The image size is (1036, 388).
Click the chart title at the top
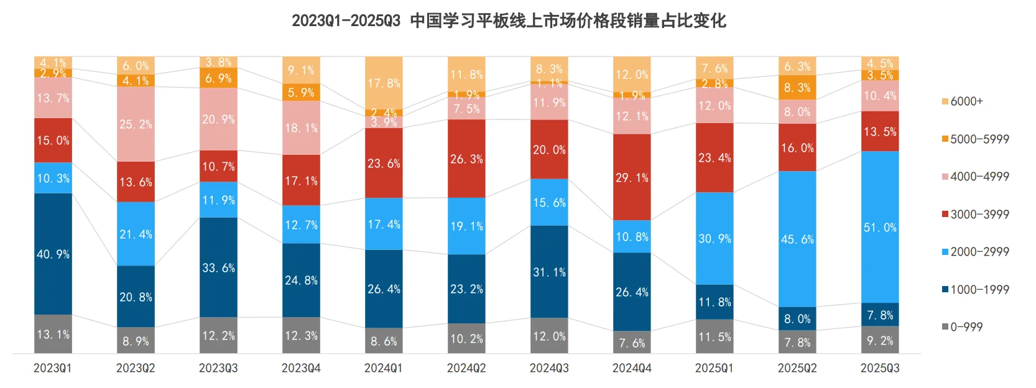point(509,21)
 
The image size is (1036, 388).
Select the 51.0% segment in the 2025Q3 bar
point(880,227)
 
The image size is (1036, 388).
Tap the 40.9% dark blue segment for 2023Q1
point(53,254)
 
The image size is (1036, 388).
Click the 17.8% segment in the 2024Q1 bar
point(384,83)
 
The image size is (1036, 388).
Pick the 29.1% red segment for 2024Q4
point(632,177)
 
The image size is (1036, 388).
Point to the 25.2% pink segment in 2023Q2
point(136,124)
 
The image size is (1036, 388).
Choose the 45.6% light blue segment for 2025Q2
point(797,239)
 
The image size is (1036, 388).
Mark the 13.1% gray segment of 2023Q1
point(53,334)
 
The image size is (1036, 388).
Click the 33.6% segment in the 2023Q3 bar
point(218,267)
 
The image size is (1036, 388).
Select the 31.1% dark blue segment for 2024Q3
point(549,272)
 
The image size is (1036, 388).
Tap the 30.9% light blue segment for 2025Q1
point(715,238)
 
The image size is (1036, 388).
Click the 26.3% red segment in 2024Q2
point(466,159)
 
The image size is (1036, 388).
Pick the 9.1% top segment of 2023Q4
point(301,70)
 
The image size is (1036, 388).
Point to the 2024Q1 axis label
point(384,368)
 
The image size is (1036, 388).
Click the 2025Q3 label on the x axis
point(880,368)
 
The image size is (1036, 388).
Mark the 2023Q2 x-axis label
point(136,368)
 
